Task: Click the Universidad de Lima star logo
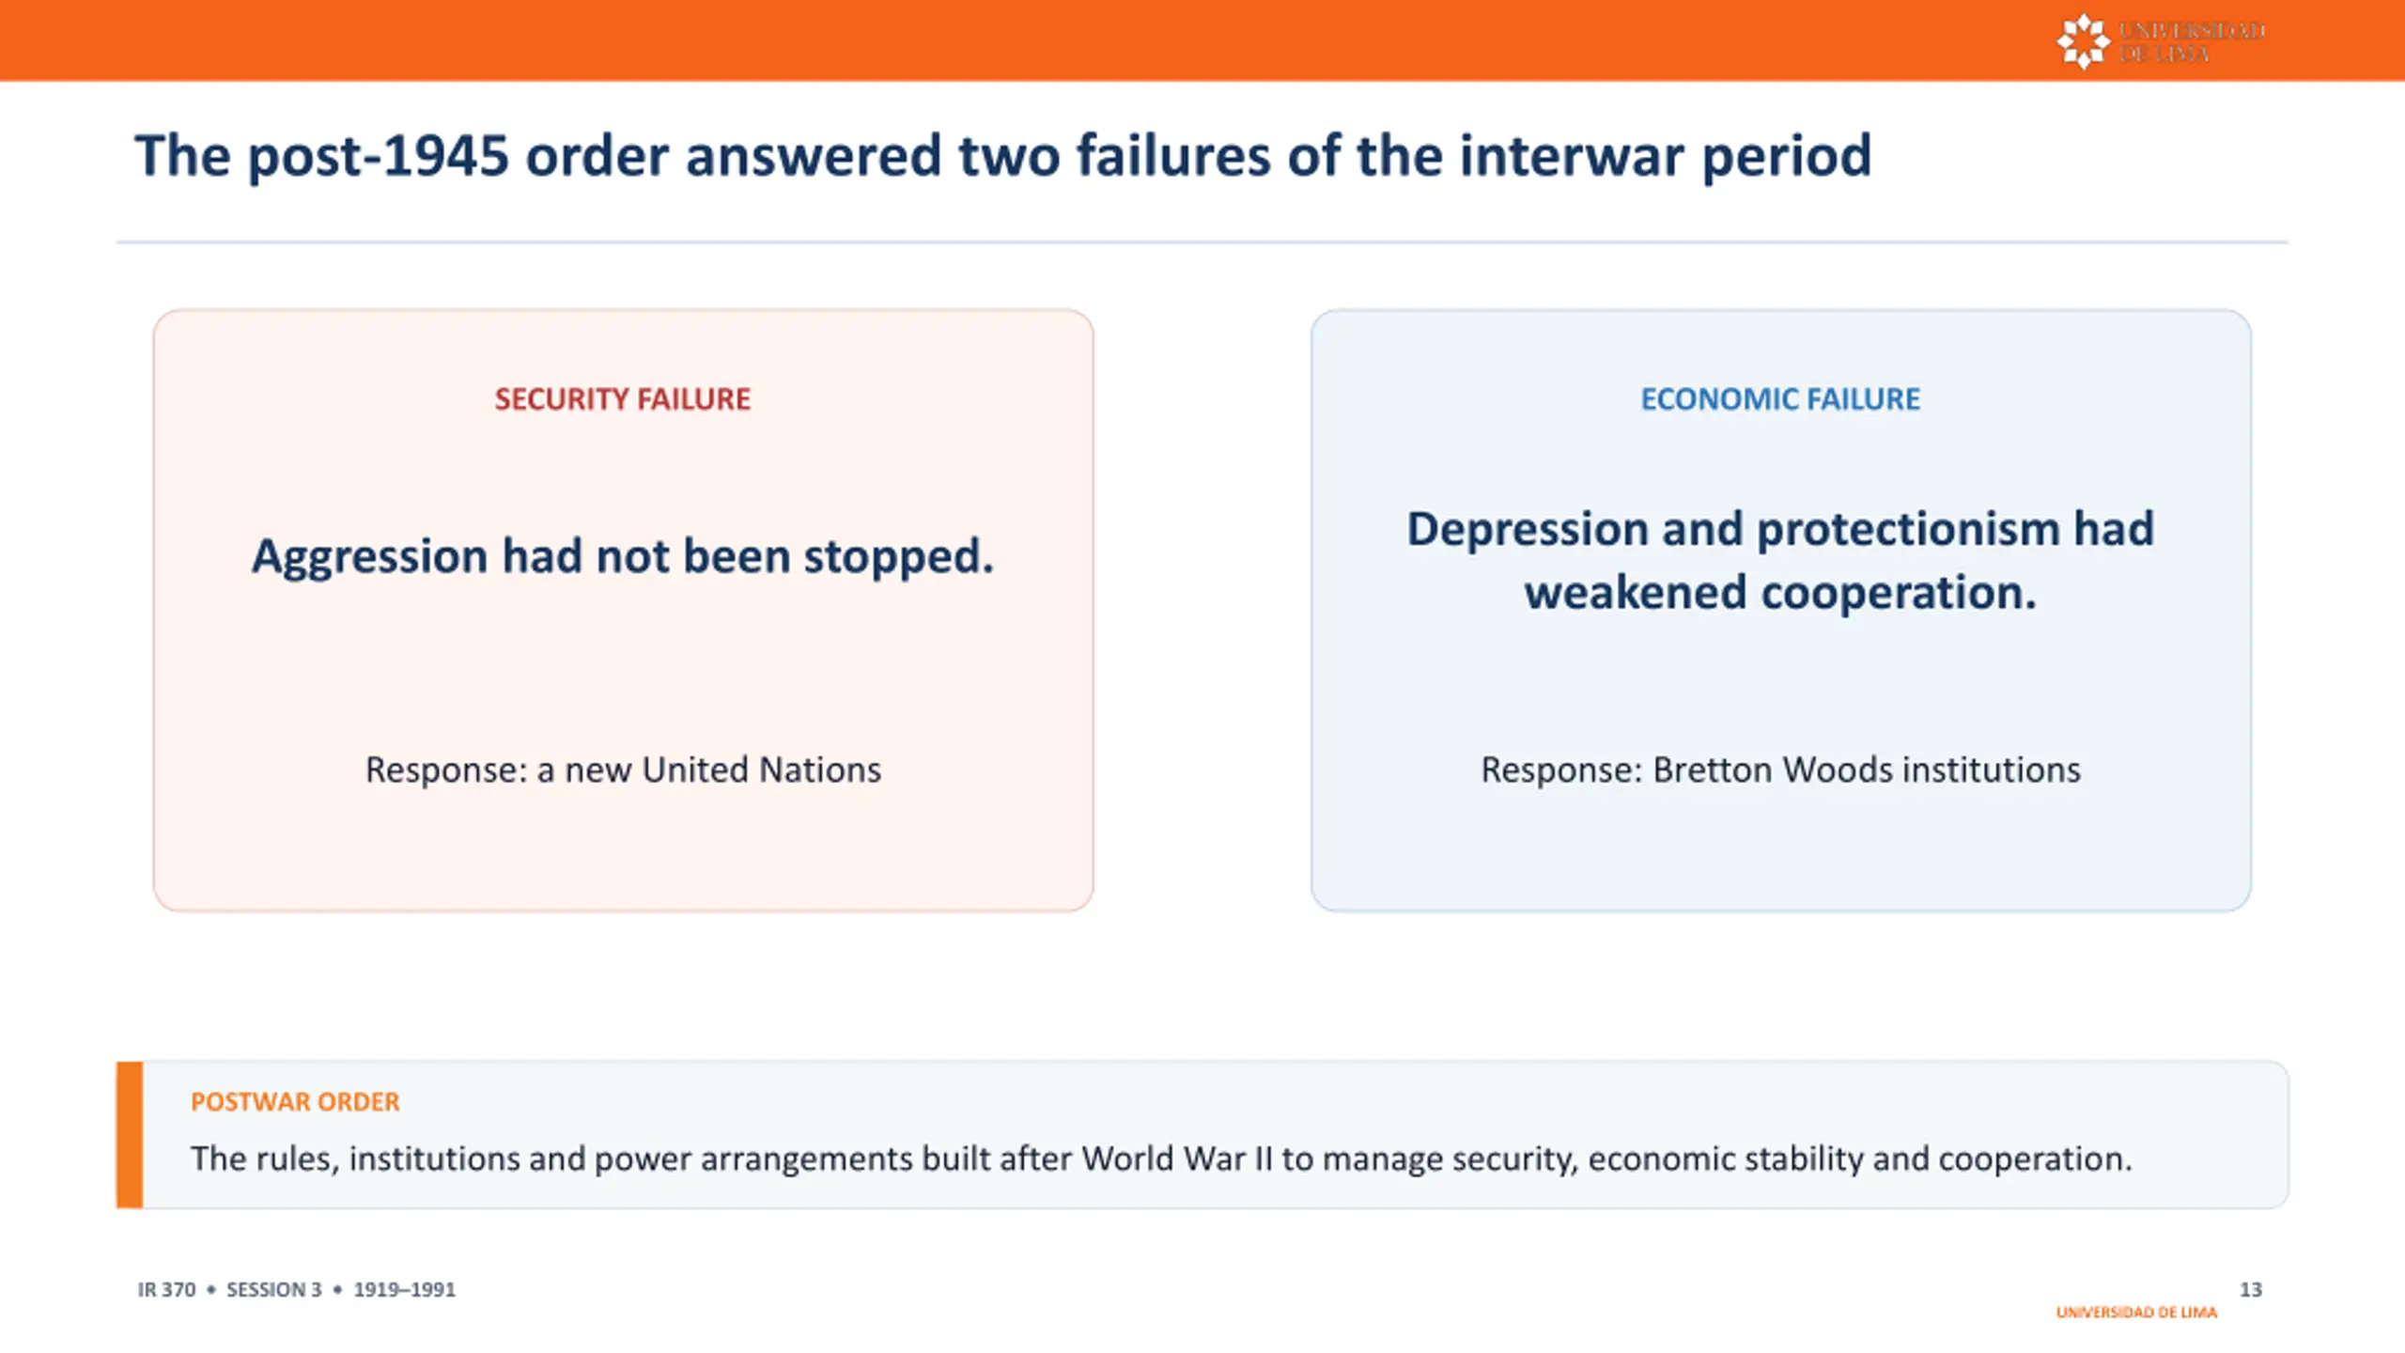coord(2083,41)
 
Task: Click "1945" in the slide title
coord(446,155)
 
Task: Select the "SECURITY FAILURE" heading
coord(623,399)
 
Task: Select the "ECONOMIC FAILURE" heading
coord(1780,399)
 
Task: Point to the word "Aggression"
coord(369,557)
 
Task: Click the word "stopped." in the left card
coord(898,557)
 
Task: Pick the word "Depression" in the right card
coord(1528,530)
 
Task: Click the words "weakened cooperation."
coord(1780,593)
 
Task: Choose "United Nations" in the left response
coord(762,770)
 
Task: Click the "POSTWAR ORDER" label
coord(295,1101)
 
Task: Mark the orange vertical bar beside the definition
coord(130,1135)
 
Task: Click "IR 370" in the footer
coord(166,1289)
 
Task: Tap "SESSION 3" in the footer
coord(273,1289)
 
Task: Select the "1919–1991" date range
coord(404,1289)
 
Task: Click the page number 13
coord(2250,1289)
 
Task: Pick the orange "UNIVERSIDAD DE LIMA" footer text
coord(2136,1312)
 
